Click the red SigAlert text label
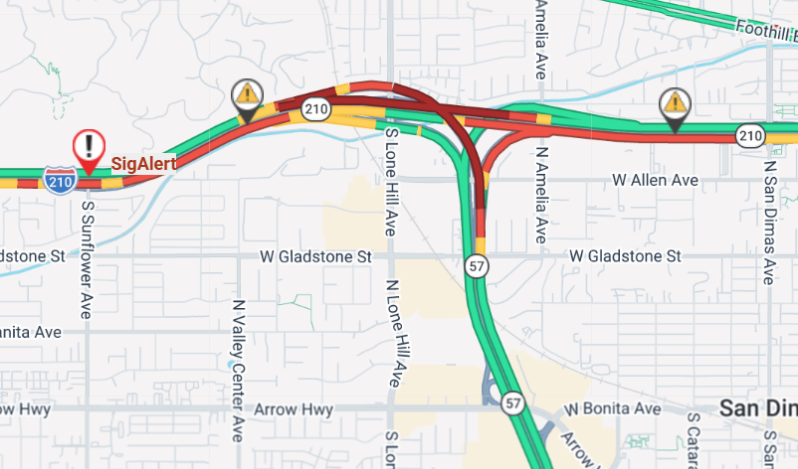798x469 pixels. [143, 163]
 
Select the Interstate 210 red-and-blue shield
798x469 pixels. [61, 180]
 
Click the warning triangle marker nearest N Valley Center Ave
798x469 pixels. [246, 96]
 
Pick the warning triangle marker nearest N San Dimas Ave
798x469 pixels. [676, 103]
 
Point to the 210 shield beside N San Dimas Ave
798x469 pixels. [750, 134]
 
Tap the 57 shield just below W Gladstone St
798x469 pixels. [478, 265]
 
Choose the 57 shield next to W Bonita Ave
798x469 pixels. [512, 402]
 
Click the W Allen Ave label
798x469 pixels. [655, 180]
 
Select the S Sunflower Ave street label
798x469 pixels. [88, 258]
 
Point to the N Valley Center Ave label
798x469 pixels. [238, 370]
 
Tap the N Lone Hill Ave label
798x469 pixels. [393, 328]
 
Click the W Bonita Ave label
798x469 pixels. [612, 408]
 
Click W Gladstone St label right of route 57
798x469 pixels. [625, 256]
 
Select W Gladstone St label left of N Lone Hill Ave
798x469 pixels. [314, 256]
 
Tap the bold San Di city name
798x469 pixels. [758, 408]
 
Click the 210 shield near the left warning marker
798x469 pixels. [317, 108]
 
